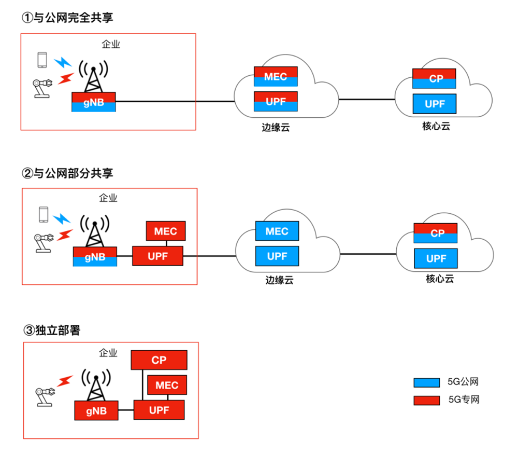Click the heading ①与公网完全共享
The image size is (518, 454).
pyautogui.click(x=67, y=18)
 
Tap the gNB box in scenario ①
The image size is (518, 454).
pyautogui.click(x=94, y=102)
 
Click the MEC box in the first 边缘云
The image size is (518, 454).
pyautogui.click(x=276, y=76)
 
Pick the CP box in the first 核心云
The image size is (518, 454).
pyautogui.click(x=435, y=78)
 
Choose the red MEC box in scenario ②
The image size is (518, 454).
pyautogui.click(x=165, y=231)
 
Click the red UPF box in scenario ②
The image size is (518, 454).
pyautogui.click(x=158, y=256)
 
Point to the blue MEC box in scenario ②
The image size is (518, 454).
pyautogui.click(x=277, y=231)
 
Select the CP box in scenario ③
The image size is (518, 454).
pyautogui.click(x=159, y=360)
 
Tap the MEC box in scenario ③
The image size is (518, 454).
pyautogui.click(x=167, y=385)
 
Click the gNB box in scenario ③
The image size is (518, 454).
pyautogui.click(x=96, y=410)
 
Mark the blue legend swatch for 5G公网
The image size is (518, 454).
pyautogui.click(x=426, y=383)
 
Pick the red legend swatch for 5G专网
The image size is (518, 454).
pyautogui.click(x=426, y=400)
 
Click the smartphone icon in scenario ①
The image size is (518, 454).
pyautogui.click(x=42, y=59)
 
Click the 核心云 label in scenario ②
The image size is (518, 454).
pyautogui.click(x=440, y=279)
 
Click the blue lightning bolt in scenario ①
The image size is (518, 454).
pyautogui.click(x=63, y=62)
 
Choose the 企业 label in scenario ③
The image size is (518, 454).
pyautogui.click(x=108, y=353)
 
